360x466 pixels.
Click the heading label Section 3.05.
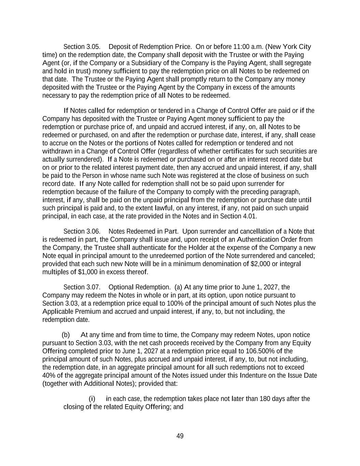(82, 47)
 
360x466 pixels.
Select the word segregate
(298, 63)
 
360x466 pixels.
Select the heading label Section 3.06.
(82, 231)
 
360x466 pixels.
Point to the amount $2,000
(260, 264)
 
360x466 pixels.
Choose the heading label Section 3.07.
(82, 287)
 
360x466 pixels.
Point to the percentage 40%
(48, 376)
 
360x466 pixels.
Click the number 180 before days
(265, 399)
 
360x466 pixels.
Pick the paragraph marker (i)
(92, 399)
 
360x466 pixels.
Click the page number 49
(180, 436)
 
